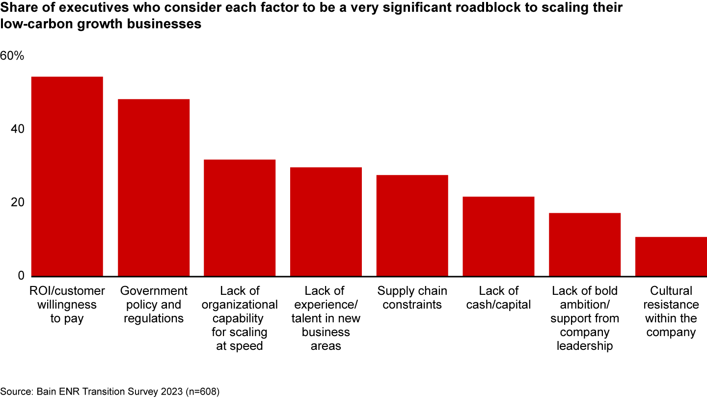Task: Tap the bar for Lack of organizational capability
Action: (240, 218)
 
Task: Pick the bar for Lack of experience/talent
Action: (326, 222)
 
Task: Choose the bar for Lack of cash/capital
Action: (498, 236)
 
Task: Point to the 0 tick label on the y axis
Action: (20, 276)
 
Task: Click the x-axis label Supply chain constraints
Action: (412, 298)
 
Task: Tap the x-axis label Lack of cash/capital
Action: (498, 298)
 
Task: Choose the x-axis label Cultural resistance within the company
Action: (671, 312)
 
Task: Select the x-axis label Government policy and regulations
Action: (154, 305)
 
